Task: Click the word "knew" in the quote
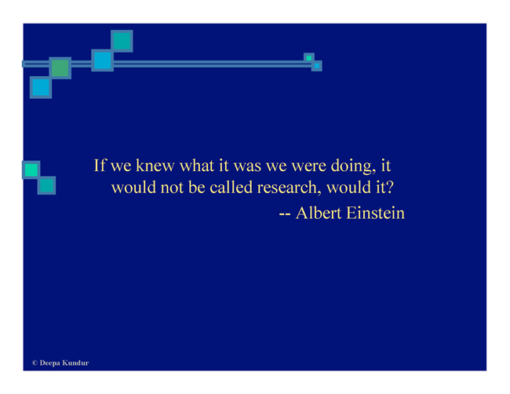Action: (x=155, y=166)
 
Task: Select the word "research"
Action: (x=287, y=188)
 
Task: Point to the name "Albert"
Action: (x=319, y=213)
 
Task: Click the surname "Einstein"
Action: (x=375, y=213)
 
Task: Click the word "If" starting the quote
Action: (x=100, y=166)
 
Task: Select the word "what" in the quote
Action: (x=197, y=166)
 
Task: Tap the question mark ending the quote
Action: (x=390, y=187)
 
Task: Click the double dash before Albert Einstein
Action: (x=285, y=214)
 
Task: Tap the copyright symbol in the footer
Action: (x=35, y=363)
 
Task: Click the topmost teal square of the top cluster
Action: (x=122, y=41)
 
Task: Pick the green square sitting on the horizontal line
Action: (x=60, y=68)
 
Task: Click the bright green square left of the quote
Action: (x=31, y=170)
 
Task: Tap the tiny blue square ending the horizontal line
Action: (x=317, y=66)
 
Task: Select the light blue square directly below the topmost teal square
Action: (x=103, y=60)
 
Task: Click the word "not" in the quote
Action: (x=172, y=188)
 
